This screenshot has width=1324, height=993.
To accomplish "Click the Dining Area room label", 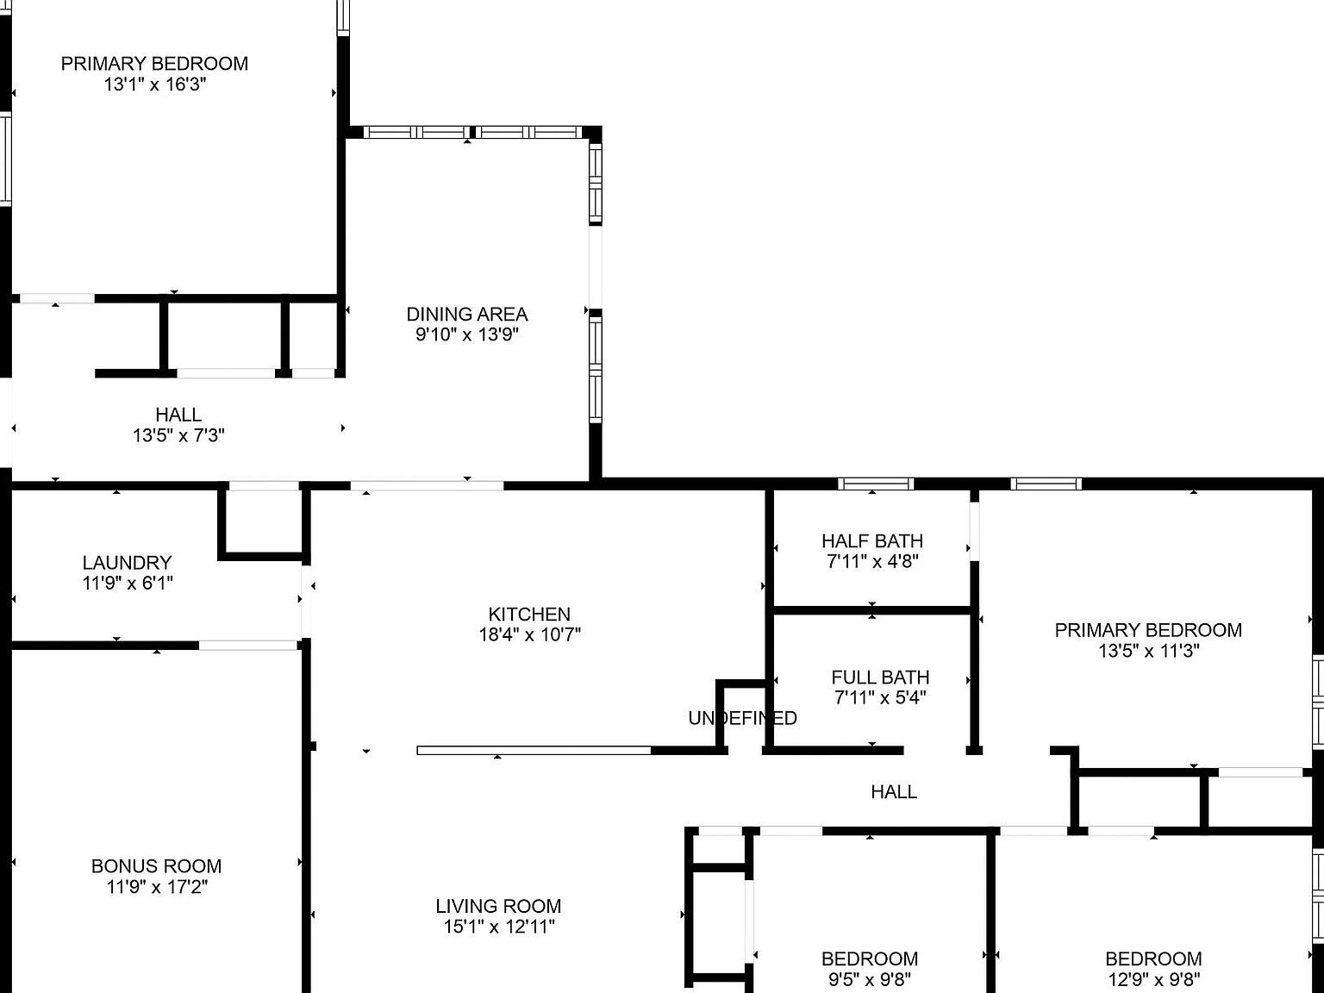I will pyautogui.click(x=467, y=315).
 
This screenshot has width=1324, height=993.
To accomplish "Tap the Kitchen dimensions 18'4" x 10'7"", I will pyautogui.click(x=529, y=635).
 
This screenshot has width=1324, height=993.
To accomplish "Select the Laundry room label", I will pyautogui.click(x=128, y=563).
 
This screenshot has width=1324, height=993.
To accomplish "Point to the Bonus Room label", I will pyautogui.click(x=156, y=866).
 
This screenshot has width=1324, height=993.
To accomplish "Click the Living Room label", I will pyautogui.click(x=498, y=906).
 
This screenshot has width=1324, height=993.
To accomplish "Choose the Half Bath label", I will pyautogui.click(x=871, y=541).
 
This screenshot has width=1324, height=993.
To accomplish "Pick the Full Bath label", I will pyautogui.click(x=880, y=678).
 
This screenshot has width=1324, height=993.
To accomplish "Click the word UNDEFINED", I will pyautogui.click(x=742, y=718).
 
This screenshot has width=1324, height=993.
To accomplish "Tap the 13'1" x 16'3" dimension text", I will pyautogui.click(x=155, y=84).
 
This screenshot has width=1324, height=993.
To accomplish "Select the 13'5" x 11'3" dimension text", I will pyautogui.click(x=1148, y=652).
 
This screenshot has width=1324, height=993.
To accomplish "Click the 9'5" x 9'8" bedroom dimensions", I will pyautogui.click(x=869, y=979).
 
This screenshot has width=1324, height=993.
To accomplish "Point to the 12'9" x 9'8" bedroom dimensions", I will pyautogui.click(x=1153, y=979).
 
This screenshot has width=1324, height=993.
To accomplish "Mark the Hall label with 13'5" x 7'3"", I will pyautogui.click(x=178, y=415).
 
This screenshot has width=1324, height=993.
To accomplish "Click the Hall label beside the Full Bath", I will pyautogui.click(x=894, y=791).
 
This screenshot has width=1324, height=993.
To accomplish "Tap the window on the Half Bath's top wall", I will pyautogui.click(x=876, y=484).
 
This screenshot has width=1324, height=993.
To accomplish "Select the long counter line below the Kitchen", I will pyautogui.click(x=534, y=751).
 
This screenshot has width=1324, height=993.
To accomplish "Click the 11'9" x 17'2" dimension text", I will pyautogui.click(x=156, y=887).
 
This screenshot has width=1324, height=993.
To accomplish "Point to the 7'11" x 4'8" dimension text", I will pyautogui.click(x=871, y=562).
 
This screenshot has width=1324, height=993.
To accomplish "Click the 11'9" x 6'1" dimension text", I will pyautogui.click(x=128, y=584).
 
